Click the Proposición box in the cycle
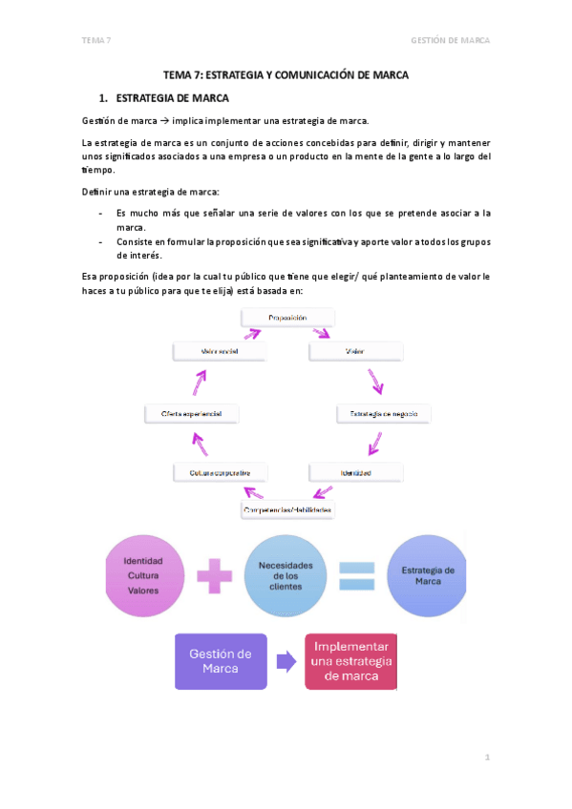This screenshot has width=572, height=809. tap(287, 317)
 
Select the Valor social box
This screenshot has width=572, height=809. tap(220, 351)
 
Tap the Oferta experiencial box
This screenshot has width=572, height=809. tap(192, 413)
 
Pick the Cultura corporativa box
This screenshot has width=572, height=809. tap(221, 471)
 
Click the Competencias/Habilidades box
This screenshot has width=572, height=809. tap(287, 510)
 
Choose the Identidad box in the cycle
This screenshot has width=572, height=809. tap(355, 471)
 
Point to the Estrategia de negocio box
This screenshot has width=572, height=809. tap(384, 413)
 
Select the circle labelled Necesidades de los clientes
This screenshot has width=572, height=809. tap(286, 575)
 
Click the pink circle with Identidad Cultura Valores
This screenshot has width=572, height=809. tap(143, 575)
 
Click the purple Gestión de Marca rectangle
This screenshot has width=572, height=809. tap(221, 661)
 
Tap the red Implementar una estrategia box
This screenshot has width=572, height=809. tap(350, 661)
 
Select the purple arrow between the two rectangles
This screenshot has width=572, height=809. tap(285, 661)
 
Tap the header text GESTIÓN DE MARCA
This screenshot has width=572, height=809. tap(449, 40)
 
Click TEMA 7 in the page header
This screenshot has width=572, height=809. tap(96, 40)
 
